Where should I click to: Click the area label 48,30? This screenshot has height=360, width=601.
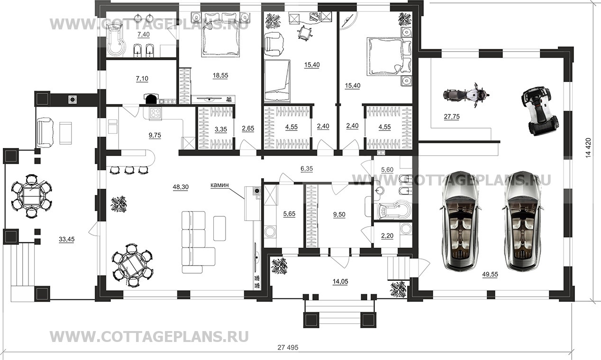[181, 187]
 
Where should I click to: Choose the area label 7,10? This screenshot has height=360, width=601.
[142, 78]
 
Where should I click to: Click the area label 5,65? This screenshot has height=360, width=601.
[289, 214]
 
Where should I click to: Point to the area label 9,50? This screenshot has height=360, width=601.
[339, 214]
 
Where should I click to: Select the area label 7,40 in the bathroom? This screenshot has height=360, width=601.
[144, 35]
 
